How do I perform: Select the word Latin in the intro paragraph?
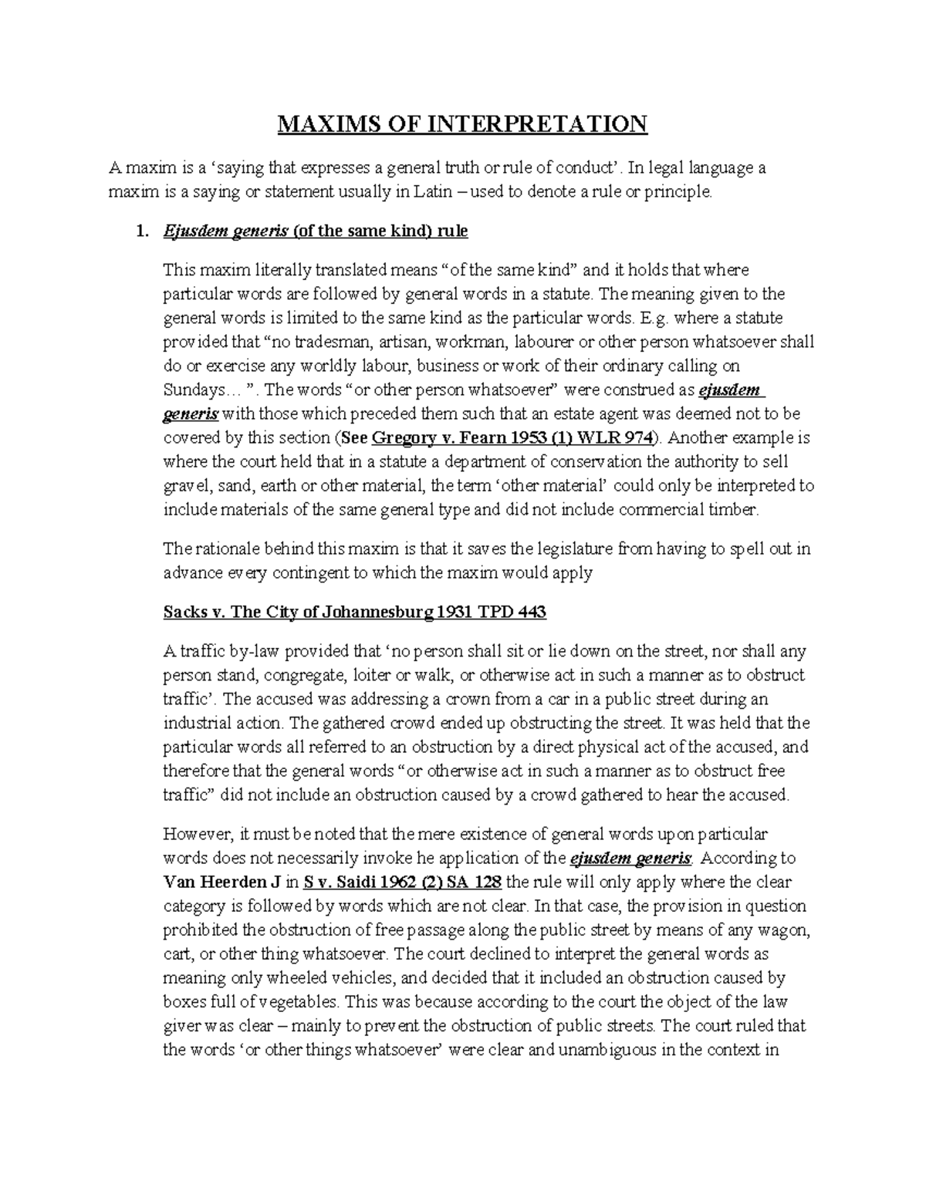tap(418, 192)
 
